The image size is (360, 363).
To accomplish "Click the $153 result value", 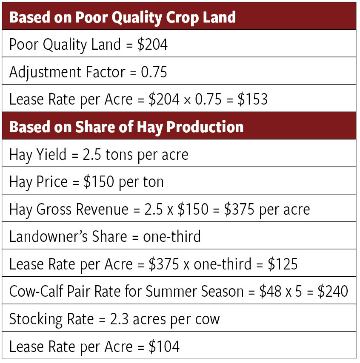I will click(x=253, y=99).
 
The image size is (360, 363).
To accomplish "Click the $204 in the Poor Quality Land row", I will click(x=152, y=45).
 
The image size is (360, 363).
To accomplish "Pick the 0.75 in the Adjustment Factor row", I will click(x=154, y=72).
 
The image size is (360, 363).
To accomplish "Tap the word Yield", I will click(x=51, y=154).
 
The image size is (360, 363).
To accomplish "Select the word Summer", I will click(x=173, y=291).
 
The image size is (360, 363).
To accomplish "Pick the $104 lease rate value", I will click(x=165, y=346).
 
